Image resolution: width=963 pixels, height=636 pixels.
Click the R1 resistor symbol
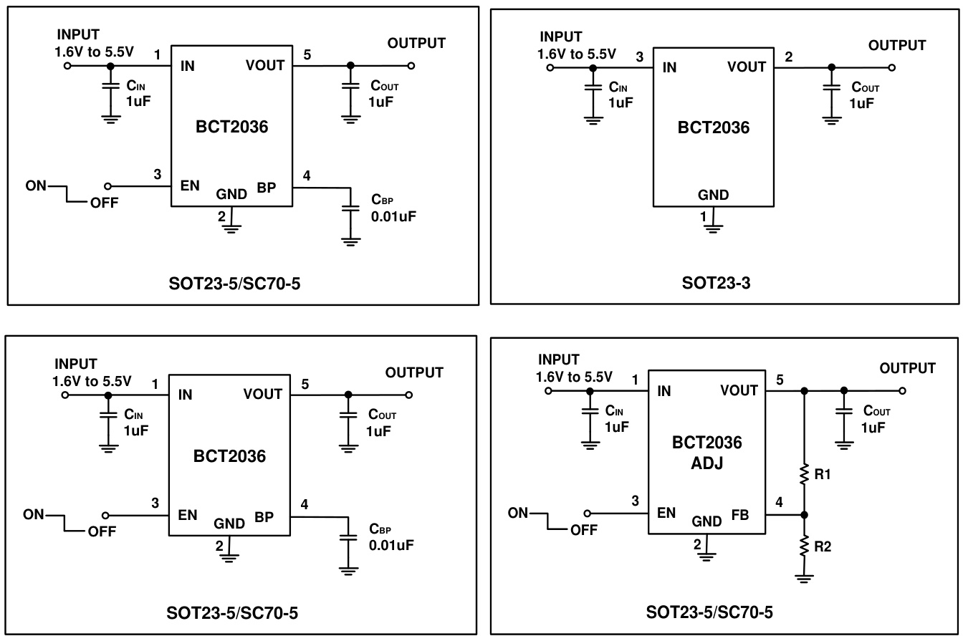(804, 473)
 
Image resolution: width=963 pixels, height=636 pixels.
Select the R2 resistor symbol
(804, 546)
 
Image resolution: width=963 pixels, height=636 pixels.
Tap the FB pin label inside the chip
(741, 514)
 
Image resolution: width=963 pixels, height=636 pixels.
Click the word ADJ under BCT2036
(707, 463)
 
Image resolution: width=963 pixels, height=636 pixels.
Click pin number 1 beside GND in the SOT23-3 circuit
(703, 216)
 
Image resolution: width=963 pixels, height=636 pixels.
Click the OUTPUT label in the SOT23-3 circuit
(897, 45)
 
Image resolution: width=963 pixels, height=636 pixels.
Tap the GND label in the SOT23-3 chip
(714, 195)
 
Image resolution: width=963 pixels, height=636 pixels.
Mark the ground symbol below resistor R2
(804, 577)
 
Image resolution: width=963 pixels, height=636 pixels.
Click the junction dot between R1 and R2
(804, 514)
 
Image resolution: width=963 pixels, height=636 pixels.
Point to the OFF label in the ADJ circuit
(584, 531)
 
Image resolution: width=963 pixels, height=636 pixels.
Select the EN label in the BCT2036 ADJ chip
(666, 514)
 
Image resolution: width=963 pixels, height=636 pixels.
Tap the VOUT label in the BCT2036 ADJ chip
(739, 390)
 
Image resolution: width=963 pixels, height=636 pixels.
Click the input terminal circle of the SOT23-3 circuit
(550, 67)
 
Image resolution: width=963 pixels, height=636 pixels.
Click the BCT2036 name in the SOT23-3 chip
(714, 129)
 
